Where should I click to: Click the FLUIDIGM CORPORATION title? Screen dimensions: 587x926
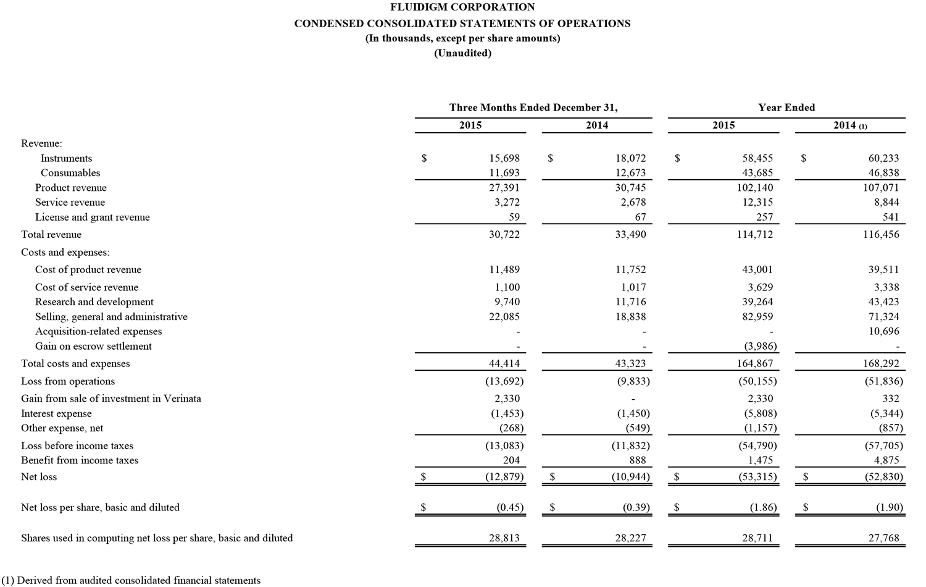[462, 7]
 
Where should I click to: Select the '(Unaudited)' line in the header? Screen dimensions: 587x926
[462, 53]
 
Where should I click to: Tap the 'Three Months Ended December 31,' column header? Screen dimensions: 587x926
[533, 108]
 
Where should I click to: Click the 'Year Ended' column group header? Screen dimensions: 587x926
[786, 108]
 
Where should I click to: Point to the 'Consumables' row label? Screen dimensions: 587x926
[70, 173]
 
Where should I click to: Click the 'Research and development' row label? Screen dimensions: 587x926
[94, 302]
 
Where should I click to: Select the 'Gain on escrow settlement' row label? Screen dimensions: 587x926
[93, 347]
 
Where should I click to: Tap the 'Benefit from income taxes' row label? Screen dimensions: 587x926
[80, 460]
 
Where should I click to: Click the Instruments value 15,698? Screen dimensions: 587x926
[504, 159]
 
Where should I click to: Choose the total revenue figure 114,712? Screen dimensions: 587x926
[754, 235]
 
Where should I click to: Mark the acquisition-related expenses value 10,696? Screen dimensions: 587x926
[883, 332]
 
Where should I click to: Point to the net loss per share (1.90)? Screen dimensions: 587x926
[890, 508]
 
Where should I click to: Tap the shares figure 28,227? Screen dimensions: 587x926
[630, 538]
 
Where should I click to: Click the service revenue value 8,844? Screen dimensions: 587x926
[887, 203]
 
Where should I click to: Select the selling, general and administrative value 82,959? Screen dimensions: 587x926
[757, 317]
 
